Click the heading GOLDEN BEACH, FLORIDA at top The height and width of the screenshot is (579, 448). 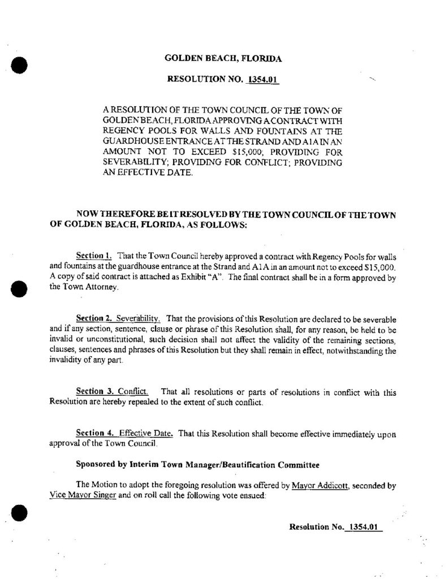point(223,58)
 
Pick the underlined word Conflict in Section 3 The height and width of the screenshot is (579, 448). point(133,392)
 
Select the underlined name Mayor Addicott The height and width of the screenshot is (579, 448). point(317,485)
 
